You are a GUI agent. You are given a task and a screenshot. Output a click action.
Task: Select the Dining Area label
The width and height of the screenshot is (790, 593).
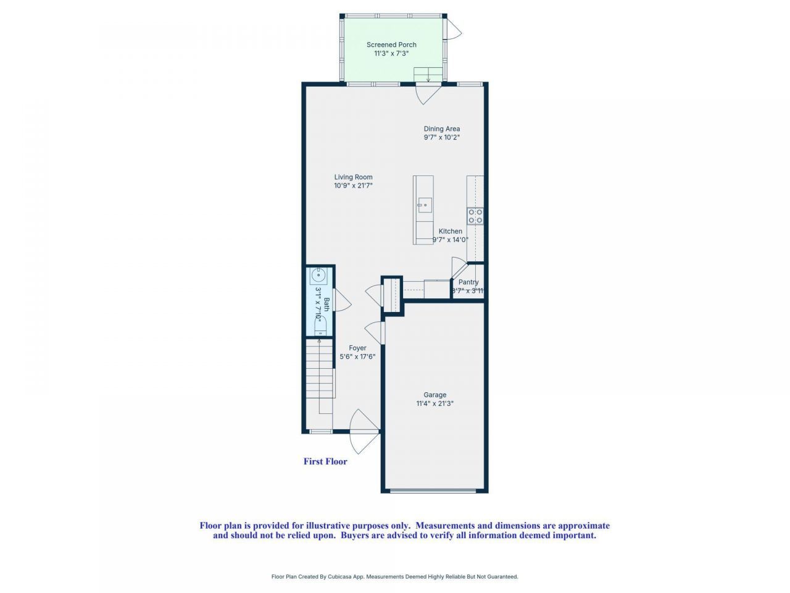[441, 129]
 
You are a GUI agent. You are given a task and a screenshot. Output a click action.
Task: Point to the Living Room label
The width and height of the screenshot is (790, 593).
[353, 177]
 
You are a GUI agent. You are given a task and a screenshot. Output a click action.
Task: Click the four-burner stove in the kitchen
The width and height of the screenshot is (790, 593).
[475, 216]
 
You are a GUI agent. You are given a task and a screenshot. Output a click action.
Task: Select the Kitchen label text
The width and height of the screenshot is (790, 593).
[450, 231]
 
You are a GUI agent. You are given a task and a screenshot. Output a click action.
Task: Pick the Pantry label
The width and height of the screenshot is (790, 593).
[468, 282]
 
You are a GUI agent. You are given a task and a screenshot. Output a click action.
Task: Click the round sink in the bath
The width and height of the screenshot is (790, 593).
[319, 274]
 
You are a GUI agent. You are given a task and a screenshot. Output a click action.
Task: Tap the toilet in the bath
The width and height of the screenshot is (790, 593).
[319, 327]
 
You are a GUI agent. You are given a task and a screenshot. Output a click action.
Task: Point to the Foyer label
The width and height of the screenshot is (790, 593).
[357, 348]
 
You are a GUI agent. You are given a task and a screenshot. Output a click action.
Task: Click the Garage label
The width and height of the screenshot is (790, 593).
[434, 395]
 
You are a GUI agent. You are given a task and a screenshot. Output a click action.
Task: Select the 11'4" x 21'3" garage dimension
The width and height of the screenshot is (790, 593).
[434, 404]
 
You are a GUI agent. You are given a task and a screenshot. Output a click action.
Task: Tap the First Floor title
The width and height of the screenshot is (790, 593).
[325, 461]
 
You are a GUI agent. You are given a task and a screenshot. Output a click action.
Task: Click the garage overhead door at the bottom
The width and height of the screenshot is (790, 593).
[434, 491]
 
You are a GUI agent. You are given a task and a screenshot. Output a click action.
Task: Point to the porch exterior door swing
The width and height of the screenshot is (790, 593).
[454, 27]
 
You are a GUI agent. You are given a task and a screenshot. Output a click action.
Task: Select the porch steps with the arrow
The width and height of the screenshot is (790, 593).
[428, 74]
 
